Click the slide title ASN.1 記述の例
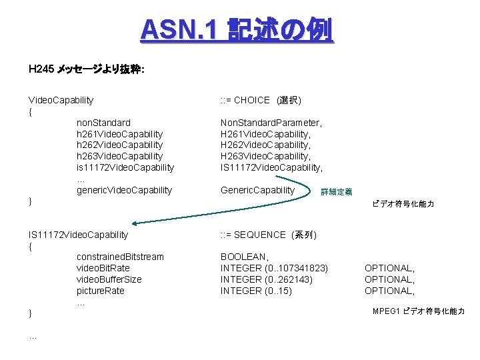237,29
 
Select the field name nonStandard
103,123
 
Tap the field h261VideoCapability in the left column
119,134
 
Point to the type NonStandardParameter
271,123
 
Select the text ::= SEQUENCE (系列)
268,235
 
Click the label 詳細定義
337,192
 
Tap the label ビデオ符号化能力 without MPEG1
403,204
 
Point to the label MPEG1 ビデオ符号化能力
419,311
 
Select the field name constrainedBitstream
120,257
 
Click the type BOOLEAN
245,257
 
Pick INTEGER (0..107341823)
274,268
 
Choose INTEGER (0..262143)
265,279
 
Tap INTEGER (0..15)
256,291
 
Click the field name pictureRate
101,291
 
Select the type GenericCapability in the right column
257,190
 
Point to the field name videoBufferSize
109,279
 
